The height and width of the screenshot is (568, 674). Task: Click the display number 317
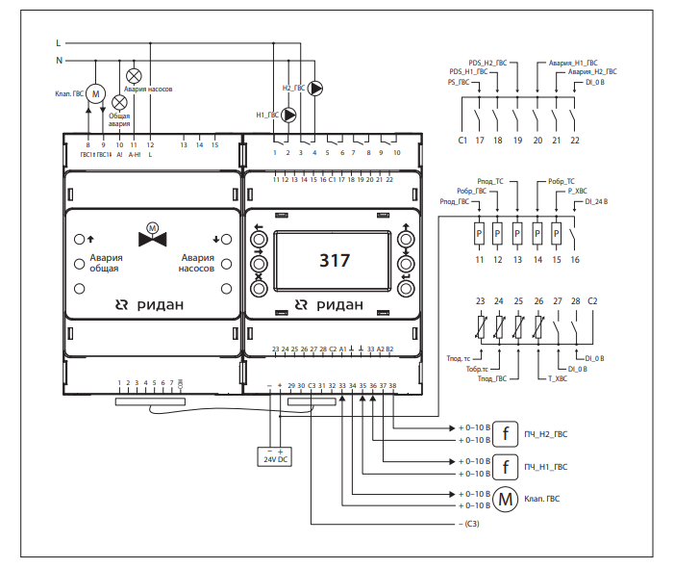[335, 260]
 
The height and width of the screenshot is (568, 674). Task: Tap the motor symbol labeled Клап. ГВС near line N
[95, 92]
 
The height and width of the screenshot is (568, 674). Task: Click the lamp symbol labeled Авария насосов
[135, 75]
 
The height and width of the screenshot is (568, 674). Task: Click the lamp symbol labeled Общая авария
[119, 101]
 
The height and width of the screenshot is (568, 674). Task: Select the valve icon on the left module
[150, 236]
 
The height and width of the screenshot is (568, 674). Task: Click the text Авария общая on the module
[105, 264]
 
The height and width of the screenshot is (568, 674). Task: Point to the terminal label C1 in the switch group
[462, 141]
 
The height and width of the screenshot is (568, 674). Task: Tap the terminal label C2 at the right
[593, 302]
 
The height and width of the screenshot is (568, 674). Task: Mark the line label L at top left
[59, 43]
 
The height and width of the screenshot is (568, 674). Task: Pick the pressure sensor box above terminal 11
[479, 234]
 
